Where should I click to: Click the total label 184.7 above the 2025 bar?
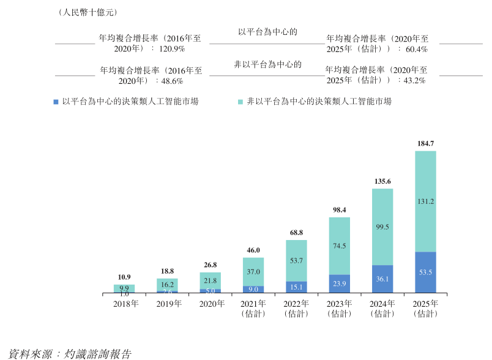click(425, 143)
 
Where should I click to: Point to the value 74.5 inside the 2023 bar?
click(340, 246)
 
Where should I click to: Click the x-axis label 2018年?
click(124, 304)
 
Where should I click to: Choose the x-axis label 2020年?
click(210, 304)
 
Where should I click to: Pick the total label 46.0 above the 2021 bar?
click(253, 250)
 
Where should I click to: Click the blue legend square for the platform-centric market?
click(56, 101)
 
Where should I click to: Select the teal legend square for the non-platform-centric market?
click(240, 101)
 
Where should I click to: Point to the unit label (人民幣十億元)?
click(87, 12)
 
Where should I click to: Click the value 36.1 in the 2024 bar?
click(382, 279)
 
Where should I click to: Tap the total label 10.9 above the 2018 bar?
click(124, 277)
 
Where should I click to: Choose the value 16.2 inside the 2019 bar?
click(166, 285)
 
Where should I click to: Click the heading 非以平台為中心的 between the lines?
click(268, 64)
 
